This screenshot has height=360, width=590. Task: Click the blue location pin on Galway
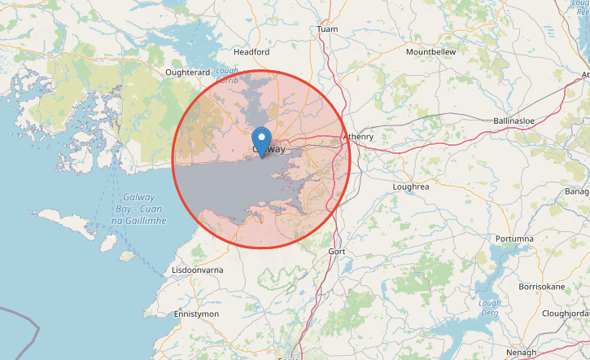click(x=261, y=138)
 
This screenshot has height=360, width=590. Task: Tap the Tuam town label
click(x=327, y=29)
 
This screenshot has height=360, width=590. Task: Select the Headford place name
click(x=251, y=51)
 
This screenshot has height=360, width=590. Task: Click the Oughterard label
click(x=187, y=72)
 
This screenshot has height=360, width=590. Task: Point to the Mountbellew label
click(x=431, y=51)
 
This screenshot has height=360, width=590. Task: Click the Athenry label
click(x=358, y=136)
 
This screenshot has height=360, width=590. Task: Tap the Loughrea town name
click(x=410, y=187)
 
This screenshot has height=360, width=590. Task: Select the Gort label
click(x=337, y=252)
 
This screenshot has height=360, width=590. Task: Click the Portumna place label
click(x=513, y=238)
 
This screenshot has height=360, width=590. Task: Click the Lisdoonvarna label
click(x=198, y=270)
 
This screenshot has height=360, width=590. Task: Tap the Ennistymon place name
click(x=197, y=314)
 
